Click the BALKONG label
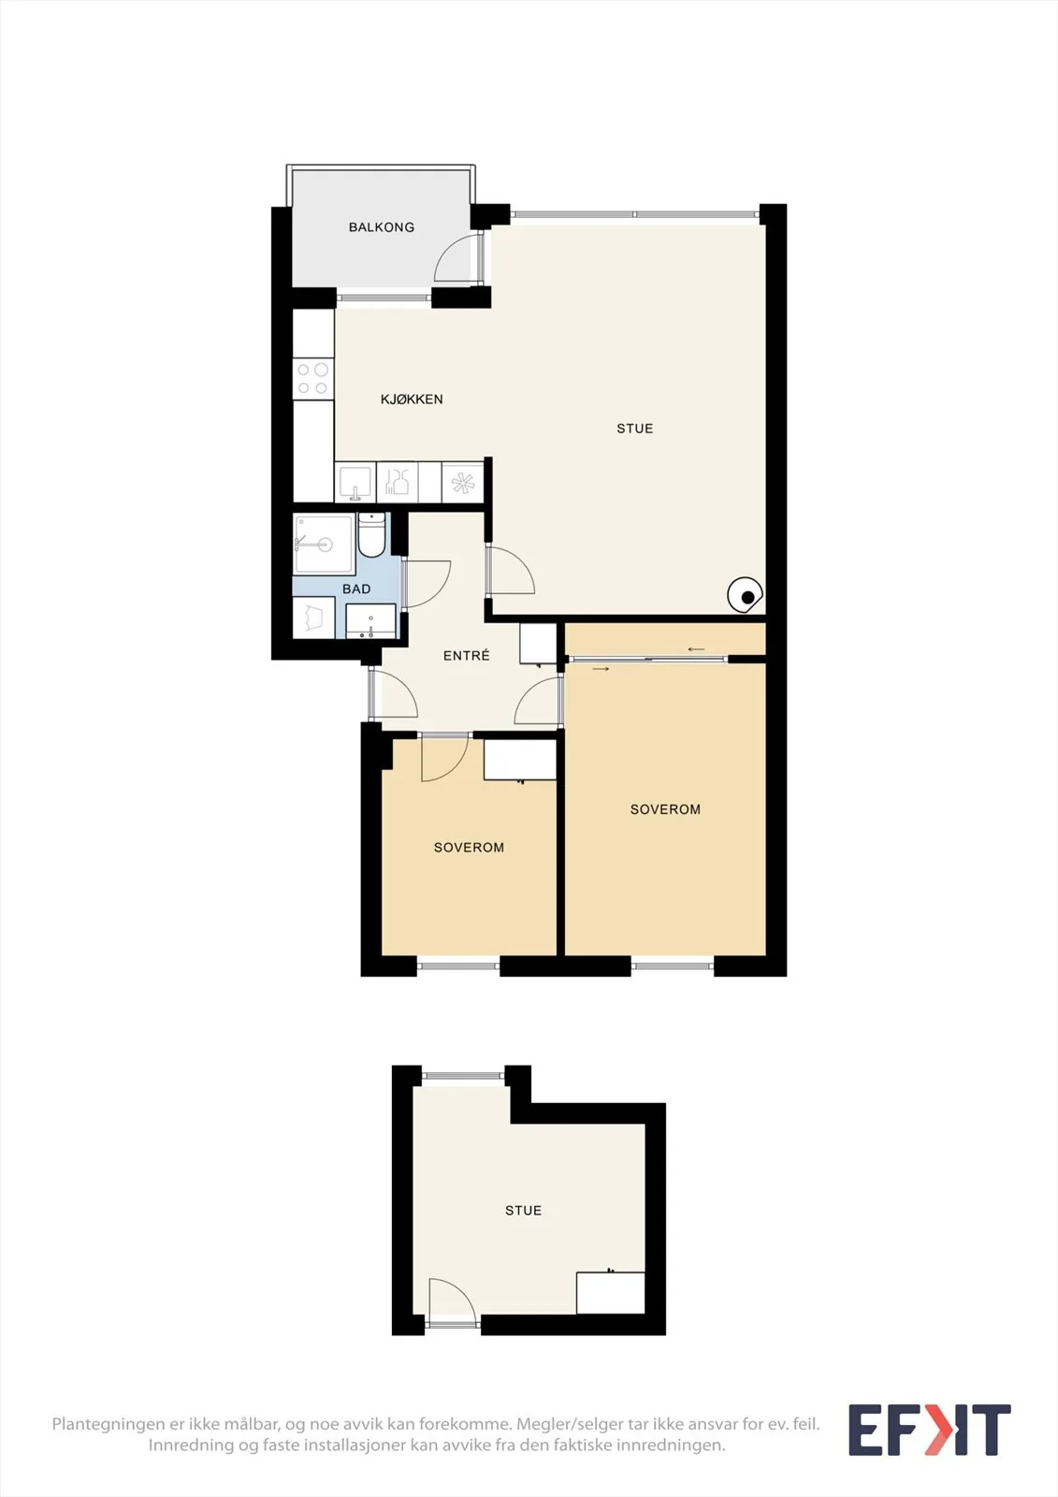point(381,227)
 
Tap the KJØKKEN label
point(412,399)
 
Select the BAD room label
point(356,589)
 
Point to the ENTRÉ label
point(467,656)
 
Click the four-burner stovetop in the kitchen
point(313,378)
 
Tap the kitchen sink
point(355,483)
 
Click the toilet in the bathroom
point(371,534)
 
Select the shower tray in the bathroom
point(324,544)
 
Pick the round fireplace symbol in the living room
point(746,595)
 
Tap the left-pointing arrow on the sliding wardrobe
point(696,649)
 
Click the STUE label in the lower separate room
point(523,1211)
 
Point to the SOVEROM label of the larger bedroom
point(665,809)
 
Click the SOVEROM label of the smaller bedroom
point(469,848)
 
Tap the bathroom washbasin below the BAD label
point(370,621)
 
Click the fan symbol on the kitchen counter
point(462,483)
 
